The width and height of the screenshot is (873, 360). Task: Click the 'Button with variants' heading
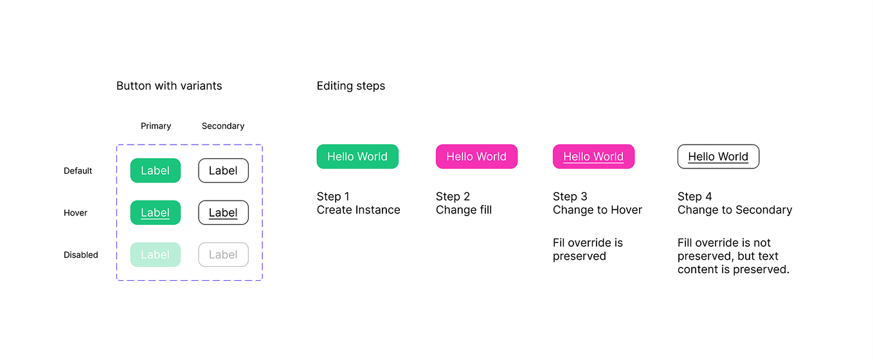169,85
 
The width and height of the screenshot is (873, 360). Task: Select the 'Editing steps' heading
351,85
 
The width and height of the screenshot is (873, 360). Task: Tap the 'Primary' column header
156,126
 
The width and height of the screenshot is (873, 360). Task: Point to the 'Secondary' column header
223,126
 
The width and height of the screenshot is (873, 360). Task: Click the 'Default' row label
78,171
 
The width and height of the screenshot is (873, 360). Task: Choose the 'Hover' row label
75,213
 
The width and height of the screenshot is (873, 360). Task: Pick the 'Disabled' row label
81,255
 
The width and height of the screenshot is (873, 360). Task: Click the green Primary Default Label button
156,170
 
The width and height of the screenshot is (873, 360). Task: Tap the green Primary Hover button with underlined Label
156,213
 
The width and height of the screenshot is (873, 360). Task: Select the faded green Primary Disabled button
156,255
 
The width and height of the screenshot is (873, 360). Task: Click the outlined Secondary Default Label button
223,170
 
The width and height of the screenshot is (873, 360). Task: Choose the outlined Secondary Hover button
223,213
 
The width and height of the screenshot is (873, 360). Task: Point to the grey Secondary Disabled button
223,255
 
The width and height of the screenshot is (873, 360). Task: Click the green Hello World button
357,156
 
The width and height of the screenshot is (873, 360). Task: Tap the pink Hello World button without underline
476,156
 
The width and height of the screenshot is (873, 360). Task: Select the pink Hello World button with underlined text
593,156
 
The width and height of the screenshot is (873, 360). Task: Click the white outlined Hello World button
718,156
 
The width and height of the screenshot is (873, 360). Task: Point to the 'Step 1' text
333,196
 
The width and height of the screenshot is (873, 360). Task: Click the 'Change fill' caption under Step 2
464,210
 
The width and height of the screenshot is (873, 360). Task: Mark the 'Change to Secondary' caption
735,210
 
